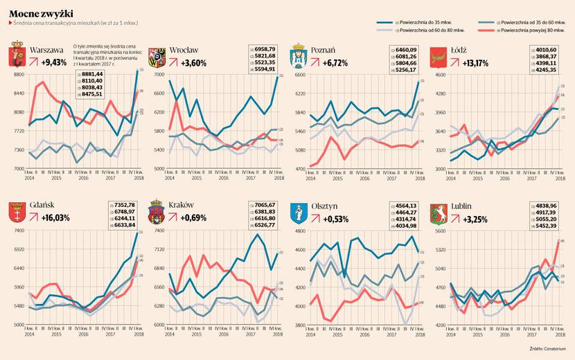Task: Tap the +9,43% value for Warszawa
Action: click(53, 62)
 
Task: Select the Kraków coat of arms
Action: click(158, 211)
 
